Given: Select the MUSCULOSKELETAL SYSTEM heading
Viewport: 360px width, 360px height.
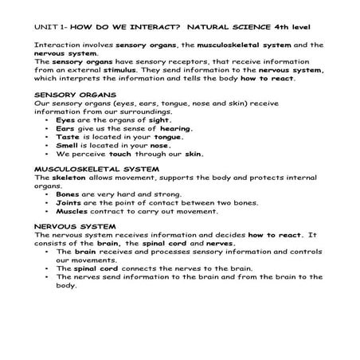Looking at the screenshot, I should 85,170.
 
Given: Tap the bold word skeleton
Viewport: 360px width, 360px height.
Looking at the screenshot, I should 70,178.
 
